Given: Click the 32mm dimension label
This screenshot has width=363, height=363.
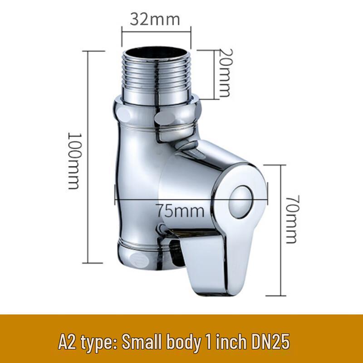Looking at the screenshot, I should [x=155, y=19].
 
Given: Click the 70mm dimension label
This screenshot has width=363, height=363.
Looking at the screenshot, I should [x=290, y=219].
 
